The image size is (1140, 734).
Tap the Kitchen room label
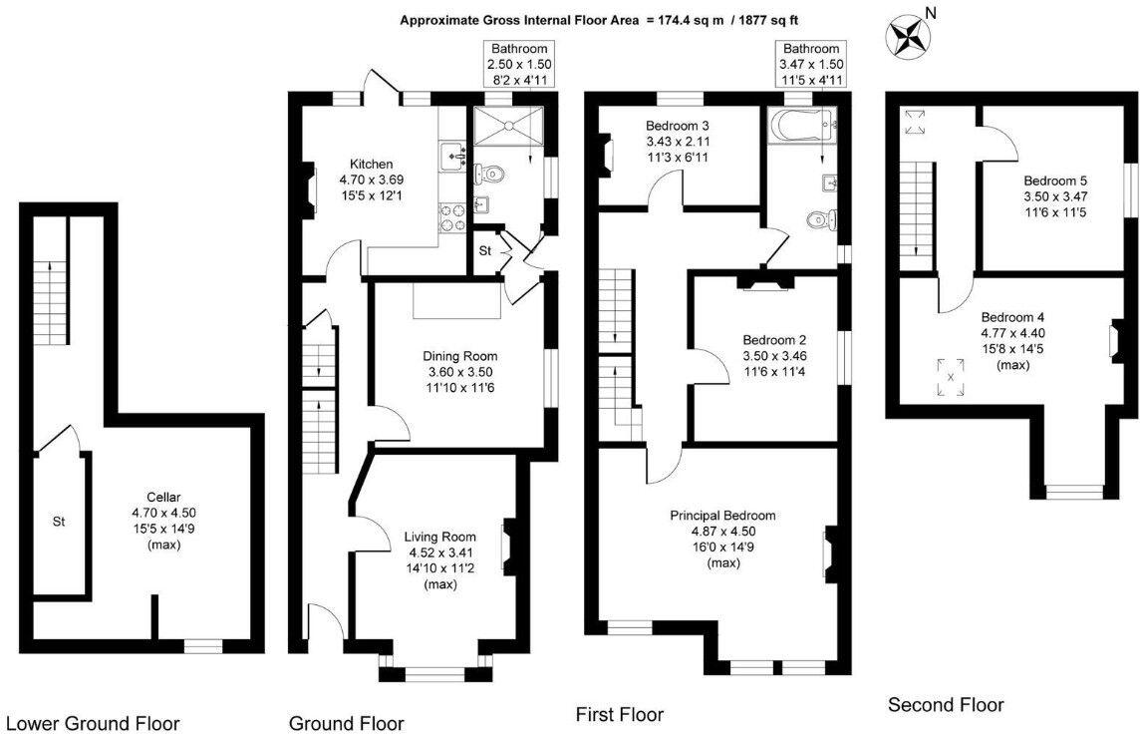[371, 165]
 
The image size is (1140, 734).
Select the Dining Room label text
[460, 356]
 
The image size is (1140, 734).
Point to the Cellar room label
[163, 497]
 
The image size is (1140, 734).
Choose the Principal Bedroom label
[722, 516]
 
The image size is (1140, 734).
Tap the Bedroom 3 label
[678, 127]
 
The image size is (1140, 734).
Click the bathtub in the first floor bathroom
[803, 126]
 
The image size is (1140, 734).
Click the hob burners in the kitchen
[453, 216]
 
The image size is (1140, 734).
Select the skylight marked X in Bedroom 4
[951, 377]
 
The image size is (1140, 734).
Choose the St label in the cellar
[59, 521]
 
